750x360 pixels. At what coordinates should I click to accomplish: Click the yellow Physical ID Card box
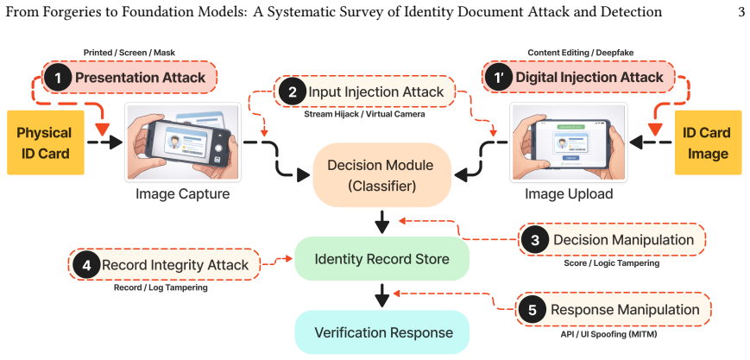[x=46, y=142]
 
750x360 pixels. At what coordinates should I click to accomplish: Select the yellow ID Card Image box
[x=705, y=142]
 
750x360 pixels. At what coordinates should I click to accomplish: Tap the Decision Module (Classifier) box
[x=382, y=174]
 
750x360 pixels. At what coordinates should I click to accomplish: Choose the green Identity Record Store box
[x=381, y=259]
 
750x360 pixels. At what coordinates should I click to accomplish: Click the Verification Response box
[x=381, y=332]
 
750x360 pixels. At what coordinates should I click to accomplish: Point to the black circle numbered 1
[x=59, y=78]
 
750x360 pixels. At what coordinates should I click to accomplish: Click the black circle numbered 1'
[x=499, y=78]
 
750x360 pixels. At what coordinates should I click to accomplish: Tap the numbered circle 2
[x=292, y=92]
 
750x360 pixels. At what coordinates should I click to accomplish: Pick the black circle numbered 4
[x=86, y=265]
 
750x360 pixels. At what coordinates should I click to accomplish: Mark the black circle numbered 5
[x=533, y=310]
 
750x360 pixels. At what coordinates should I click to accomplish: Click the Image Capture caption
[x=182, y=194]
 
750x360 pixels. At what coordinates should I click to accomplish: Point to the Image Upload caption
[x=569, y=194]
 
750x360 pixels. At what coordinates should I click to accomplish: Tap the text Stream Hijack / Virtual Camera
[x=364, y=115]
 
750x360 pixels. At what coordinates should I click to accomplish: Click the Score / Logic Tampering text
[x=611, y=262]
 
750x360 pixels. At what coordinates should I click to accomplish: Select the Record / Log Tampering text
[x=161, y=287]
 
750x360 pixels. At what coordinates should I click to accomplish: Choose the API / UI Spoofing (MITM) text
[x=608, y=334]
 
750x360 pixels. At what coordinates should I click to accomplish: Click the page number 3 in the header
[x=741, y=12]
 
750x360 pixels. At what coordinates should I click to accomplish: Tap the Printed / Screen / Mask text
[x=129, y=53]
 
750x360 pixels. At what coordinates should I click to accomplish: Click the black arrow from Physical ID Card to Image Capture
[x=104, y=142]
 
